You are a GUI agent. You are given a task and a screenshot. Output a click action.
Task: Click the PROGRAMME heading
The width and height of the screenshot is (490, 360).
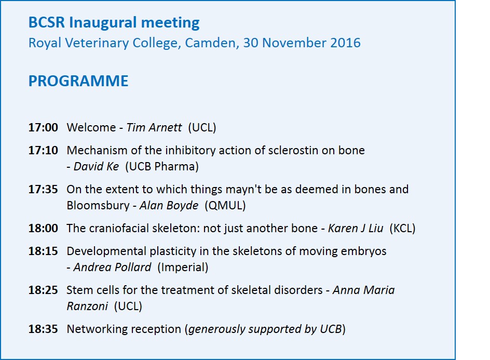tap(78, 81)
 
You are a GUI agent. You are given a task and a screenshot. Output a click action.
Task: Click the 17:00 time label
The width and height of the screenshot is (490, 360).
tap(43, 128)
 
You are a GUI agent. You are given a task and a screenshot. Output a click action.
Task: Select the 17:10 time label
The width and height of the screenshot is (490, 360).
tap(43, 151)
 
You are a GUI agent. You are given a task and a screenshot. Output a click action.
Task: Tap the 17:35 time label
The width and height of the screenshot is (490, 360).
tap(43, 190)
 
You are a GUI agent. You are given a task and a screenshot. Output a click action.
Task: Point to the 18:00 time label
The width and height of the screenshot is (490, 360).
tap(43, 229)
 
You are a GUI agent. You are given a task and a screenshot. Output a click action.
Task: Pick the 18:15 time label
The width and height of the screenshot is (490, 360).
tap(43, 251)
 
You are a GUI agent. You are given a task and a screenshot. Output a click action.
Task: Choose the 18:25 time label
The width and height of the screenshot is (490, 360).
tap(43, 290)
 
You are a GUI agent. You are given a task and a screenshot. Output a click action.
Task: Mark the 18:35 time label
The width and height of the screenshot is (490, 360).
tap(43, 329)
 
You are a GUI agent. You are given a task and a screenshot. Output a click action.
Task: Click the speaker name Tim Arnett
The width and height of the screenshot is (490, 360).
tap(154, 128)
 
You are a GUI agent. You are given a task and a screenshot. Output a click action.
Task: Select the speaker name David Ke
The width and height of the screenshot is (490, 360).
tap(96, 166)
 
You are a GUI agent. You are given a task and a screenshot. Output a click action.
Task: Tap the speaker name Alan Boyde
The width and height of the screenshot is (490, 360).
tap(169, 206)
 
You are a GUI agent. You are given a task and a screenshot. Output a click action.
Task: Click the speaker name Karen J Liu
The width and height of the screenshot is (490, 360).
tap(356, 229)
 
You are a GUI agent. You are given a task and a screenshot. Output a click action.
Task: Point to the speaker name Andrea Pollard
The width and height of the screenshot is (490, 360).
tap(113, 268)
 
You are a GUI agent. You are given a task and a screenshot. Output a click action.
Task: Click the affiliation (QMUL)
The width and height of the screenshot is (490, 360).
tap(225, 206)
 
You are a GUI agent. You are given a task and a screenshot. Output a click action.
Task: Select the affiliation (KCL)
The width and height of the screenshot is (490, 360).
tap(402, 229)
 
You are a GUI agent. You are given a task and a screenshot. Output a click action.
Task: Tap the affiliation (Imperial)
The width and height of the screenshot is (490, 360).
tap(183, 268)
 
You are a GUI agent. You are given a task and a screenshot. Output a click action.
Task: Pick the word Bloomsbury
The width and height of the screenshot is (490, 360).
tap(98, 206)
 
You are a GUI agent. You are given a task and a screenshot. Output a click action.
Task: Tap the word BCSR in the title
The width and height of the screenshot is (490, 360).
tap(47, 23)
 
